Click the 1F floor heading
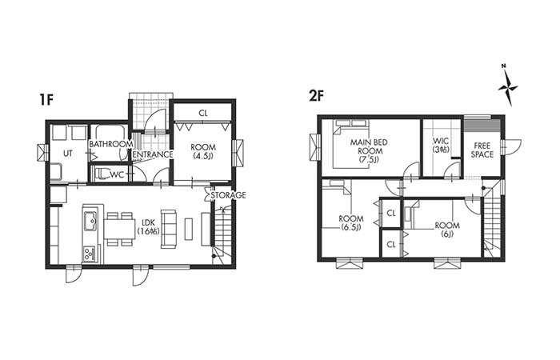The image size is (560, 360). click(x=46, y=100)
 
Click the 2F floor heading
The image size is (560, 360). click(x=316, y=97)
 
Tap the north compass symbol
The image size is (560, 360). click(x=507, y=86)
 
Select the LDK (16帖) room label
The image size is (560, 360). click(x=149, y=226)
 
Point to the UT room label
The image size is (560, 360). click(x=67, y=154)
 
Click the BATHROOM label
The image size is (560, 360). click(x=110, y=144)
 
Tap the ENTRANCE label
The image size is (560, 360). click(x=153, y=154)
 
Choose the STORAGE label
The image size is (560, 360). click(x=228, y=195)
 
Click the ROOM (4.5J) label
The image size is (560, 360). click(x=203, y=151)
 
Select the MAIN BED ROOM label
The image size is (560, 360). click(x=369, y=151)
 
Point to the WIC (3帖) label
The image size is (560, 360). click(x=440, y=146)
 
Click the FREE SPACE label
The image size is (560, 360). click(x=482, y=150)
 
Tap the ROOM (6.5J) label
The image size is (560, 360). click(x=351, y=223)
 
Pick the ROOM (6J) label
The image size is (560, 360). click(x=447, y=230)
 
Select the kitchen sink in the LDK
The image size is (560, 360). click(x=90, y=222)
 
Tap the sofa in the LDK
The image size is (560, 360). click(x=169, y=229)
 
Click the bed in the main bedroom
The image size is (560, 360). click(x=350, y=144)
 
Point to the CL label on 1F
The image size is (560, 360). click(x=203, y=114)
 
